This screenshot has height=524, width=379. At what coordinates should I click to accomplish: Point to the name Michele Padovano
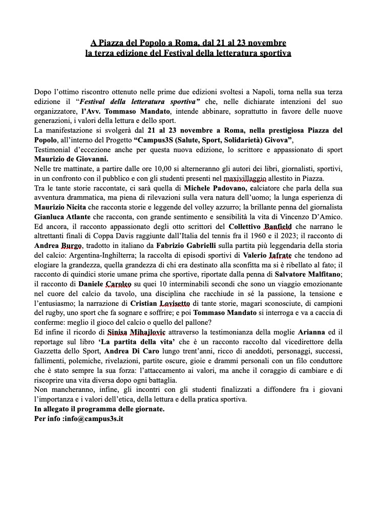[202, 187]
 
